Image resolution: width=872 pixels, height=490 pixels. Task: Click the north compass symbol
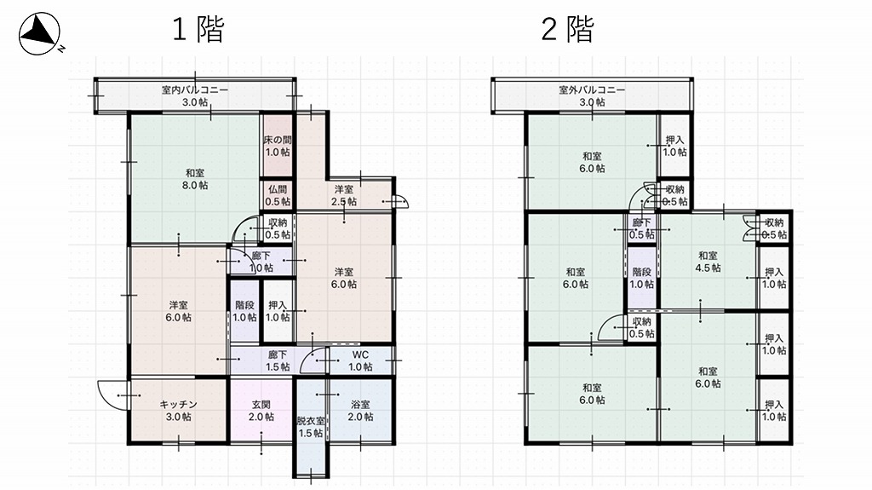[x=39, y=35]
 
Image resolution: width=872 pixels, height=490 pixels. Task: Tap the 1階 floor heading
[x=198, y=29]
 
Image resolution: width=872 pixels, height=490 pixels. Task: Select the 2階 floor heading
[x=567, y=29]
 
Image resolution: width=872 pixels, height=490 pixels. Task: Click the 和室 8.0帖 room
[x=195, y=178]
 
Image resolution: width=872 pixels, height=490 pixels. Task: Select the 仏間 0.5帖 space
[x=277, y=195]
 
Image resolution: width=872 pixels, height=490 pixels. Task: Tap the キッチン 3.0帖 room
[x=179, y=411]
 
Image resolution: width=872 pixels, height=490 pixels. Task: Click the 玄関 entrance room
[x=261, y=411]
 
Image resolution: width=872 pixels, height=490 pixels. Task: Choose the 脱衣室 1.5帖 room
[x=310, y=427]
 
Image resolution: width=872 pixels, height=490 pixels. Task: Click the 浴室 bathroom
[x=360, y=411]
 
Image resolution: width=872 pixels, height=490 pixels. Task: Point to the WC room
[x=360, y=360]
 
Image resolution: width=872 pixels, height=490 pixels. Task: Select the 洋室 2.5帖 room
[x=344, y=195]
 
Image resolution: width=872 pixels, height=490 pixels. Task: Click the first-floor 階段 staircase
[x=244, y=311]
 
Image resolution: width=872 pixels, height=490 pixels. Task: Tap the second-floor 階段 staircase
[x=641, y=278]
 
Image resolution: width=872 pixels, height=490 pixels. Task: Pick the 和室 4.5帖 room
[x=708, y=261]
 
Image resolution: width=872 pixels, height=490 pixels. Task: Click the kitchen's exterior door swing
[x=109, y=394]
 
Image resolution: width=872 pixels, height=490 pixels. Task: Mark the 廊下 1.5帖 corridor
[x=277, y=360]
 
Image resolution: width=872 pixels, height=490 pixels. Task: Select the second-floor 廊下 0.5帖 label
[x=641, y=228]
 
